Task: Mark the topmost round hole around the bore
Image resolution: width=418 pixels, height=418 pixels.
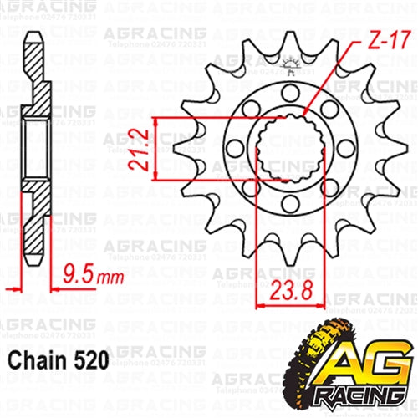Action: click(x=288, y=91)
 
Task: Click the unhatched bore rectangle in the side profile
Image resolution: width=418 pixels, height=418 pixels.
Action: click(x=33, y=149)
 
